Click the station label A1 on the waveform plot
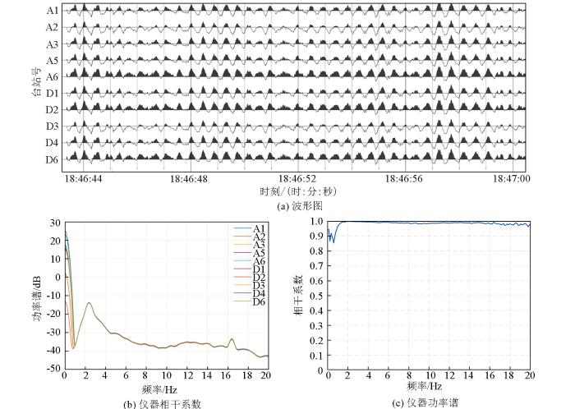click(x=52, y=11)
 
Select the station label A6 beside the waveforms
click(x=52, y=75)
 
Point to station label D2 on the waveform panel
click(x=52, y=109)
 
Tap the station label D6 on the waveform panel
click(x=52, y=159)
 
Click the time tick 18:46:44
click(x=85, y=177)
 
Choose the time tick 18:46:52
click(x=297, y=177)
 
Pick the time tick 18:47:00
click(x=512, y=177)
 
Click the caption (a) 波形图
click(x=300, y=205)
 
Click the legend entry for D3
click(x=258, y=284)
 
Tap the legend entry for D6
click(x=258, y=302)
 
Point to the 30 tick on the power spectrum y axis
click(x=53, y=222)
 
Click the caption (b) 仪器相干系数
click(x=163, y=402)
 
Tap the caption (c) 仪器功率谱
click(x=429, y=402)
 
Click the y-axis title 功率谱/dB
click(x=37, y=296)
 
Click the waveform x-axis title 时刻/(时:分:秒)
click(x=297, y=191)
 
